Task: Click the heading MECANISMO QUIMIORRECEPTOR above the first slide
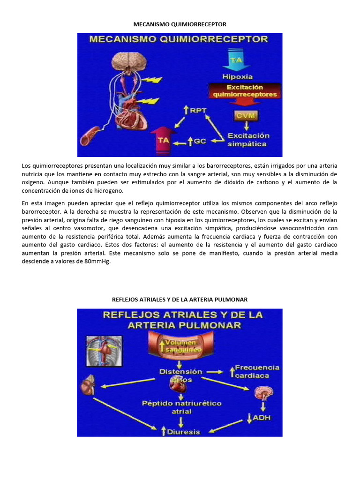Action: coord(180,23)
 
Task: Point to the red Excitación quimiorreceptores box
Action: coord(245,90)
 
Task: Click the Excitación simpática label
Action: coord(247,140)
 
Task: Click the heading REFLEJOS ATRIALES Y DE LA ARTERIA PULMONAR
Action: coord(180,299)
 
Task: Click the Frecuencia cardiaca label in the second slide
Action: coord(256,371)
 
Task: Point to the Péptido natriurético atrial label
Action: coord(181,407)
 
